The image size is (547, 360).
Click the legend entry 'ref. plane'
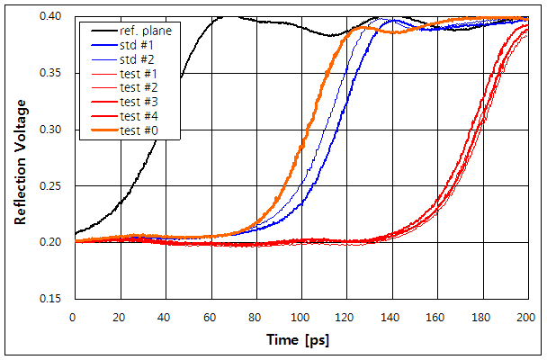pyautogui.click(x=145, y=31)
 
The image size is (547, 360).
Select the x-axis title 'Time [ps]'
pyautogui.click(x=296, y=342)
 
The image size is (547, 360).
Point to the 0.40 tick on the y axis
pyautogui.click(x=52, y=17)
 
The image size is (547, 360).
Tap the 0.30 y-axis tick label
pyautogui.click(x=52, y=130)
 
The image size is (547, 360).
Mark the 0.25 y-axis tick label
pyautogui.click(x=52, y=186)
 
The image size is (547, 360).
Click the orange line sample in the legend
pyautogui.click(x=97, y=131)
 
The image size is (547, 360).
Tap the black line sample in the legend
pyautogui.click(x=97, y=31)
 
